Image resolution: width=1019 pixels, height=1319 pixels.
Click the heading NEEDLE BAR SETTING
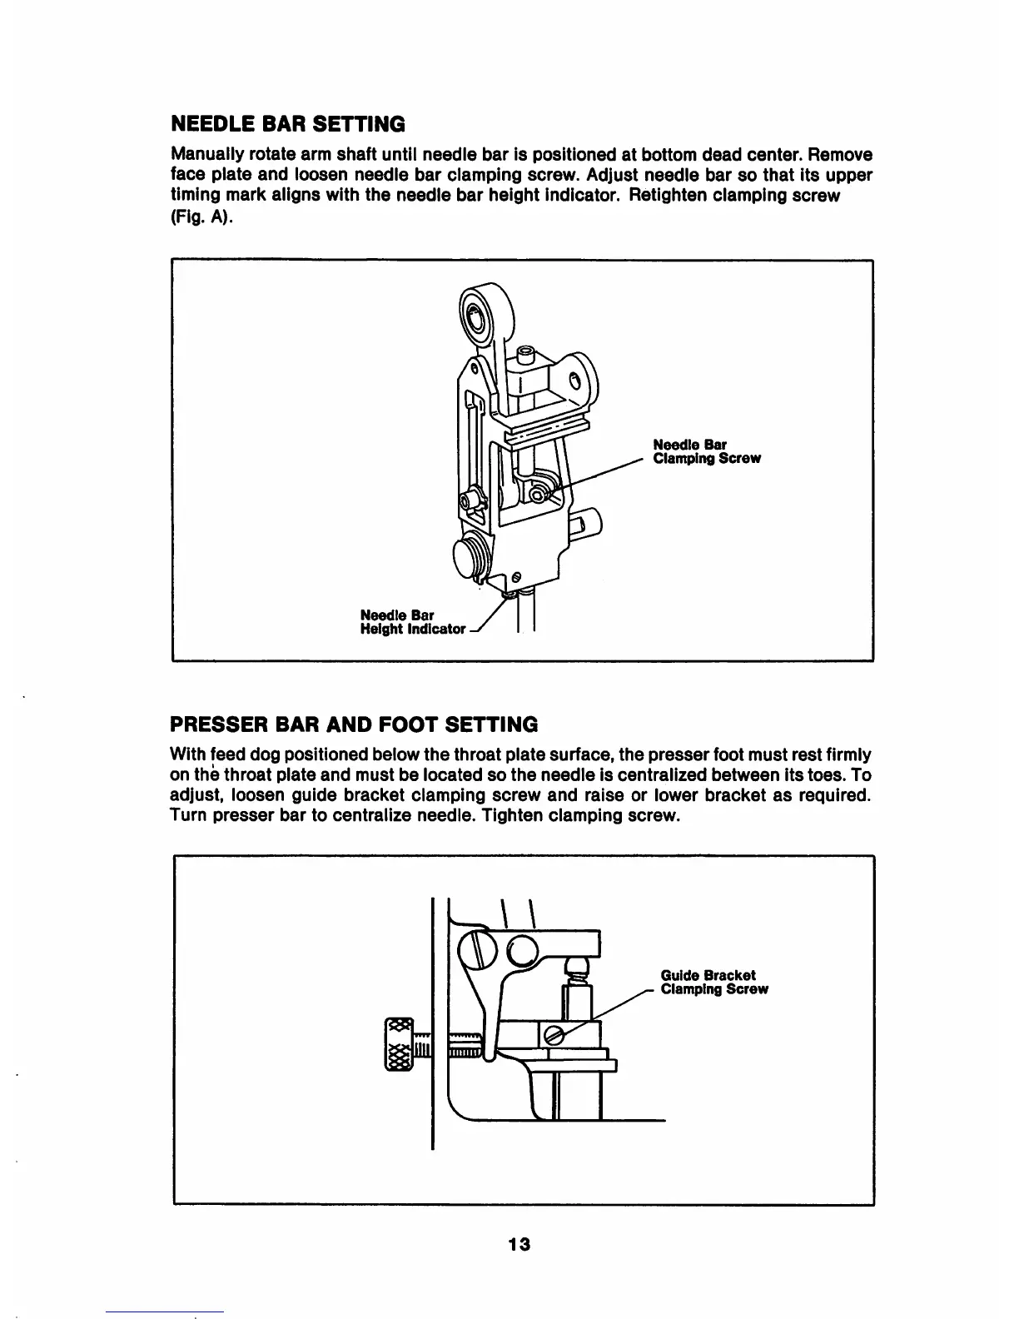[287, 124]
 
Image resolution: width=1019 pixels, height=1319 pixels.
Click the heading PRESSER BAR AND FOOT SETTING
[353, 722]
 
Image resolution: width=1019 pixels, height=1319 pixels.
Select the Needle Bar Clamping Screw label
[706, 452]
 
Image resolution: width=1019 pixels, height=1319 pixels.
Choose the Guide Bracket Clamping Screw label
[713, 983]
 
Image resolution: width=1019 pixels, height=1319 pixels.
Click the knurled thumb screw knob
[399, 1044]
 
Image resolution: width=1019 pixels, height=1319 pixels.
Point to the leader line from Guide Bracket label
[608, 1011]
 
